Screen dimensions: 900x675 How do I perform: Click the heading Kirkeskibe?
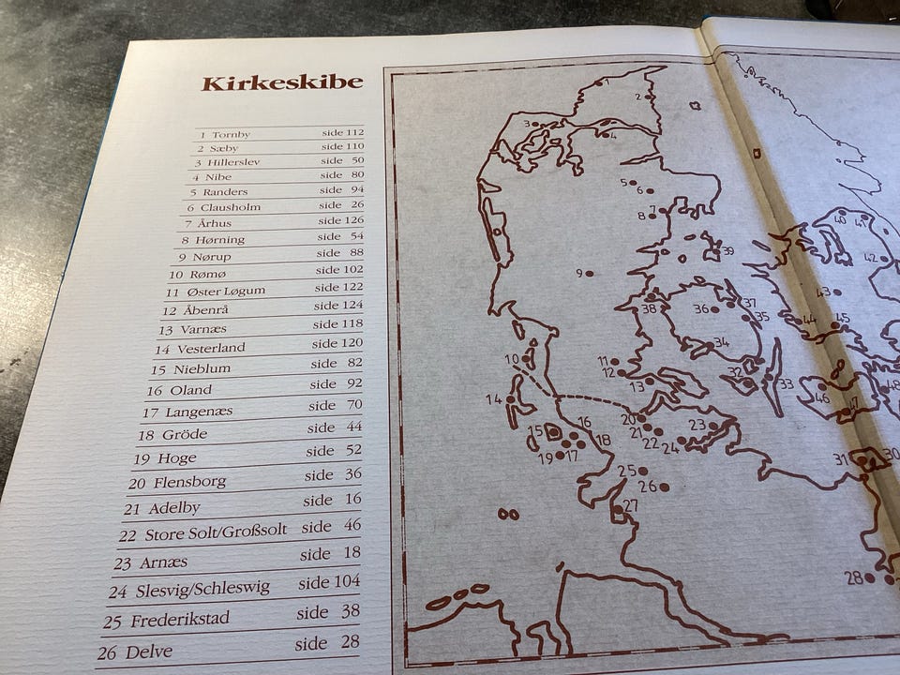(x=281, y=82)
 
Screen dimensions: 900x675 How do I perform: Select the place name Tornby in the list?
(x=231, y=134)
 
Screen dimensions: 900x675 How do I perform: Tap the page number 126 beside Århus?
(x=353, y=221)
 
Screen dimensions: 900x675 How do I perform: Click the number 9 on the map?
(x=579, y=273)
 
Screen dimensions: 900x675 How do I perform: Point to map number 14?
(x=493, y=399)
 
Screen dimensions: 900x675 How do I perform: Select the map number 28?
(x=853, y=577)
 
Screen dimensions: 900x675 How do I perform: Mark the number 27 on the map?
(x=630, y=505)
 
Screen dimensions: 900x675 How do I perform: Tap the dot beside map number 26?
(x=665, y=487)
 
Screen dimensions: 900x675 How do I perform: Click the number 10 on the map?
(x=511, y=359)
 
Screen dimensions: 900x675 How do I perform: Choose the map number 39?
(x=727, y=250)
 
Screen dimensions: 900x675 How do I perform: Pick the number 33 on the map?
(x=786, y=383)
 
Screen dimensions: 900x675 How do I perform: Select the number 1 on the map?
(x=607, y=82)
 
